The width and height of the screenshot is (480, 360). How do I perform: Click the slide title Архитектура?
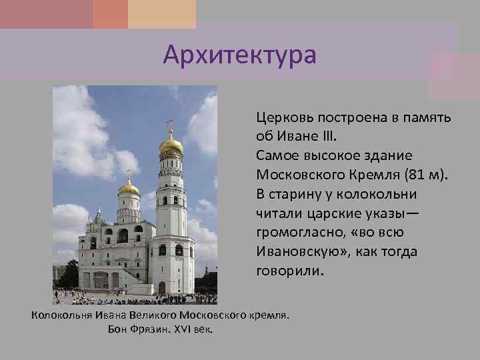240,54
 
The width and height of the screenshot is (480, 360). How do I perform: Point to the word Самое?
276,156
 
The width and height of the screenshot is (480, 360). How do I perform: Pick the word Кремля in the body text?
372,175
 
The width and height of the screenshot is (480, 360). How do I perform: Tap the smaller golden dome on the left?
129,189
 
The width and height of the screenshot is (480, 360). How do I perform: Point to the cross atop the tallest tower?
170,125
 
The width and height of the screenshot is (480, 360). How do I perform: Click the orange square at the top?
110,14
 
